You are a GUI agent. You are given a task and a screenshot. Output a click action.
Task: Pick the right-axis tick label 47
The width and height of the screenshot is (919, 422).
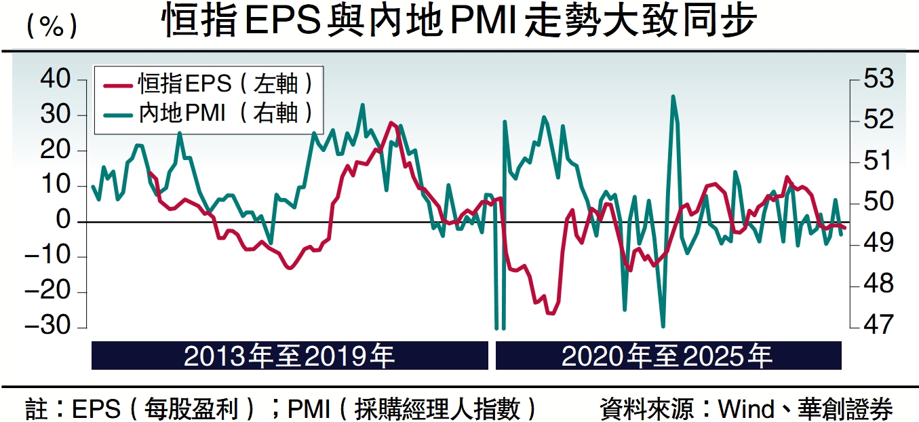click(877, 325)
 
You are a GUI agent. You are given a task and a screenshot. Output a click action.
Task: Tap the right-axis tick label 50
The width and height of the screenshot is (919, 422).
click(877, 202)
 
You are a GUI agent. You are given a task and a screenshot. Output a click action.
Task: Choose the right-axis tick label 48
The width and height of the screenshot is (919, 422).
click(877, 284)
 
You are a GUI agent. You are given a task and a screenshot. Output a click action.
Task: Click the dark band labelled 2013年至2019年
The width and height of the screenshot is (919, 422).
click(290, 356)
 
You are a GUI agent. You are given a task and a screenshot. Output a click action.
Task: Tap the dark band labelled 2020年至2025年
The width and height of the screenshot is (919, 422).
click(668, 356)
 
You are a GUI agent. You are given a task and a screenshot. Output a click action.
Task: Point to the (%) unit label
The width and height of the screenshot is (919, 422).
click(51, 26)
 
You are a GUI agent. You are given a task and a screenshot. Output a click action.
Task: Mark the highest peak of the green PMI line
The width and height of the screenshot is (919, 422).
click(673, 96)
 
